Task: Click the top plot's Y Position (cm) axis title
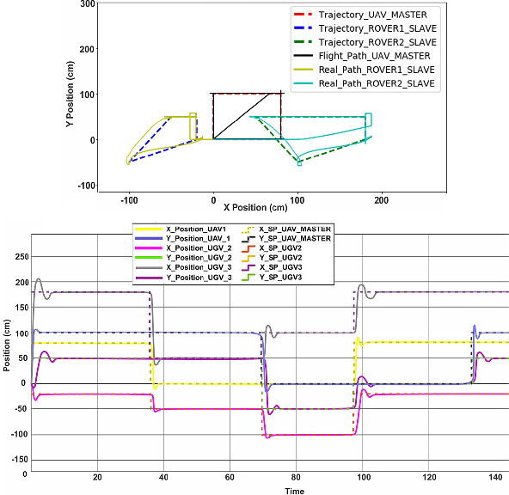coord(69,95)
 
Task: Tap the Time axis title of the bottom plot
coord(270,490)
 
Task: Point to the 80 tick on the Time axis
coord(296,477)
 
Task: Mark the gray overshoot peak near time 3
coord(38,278)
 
